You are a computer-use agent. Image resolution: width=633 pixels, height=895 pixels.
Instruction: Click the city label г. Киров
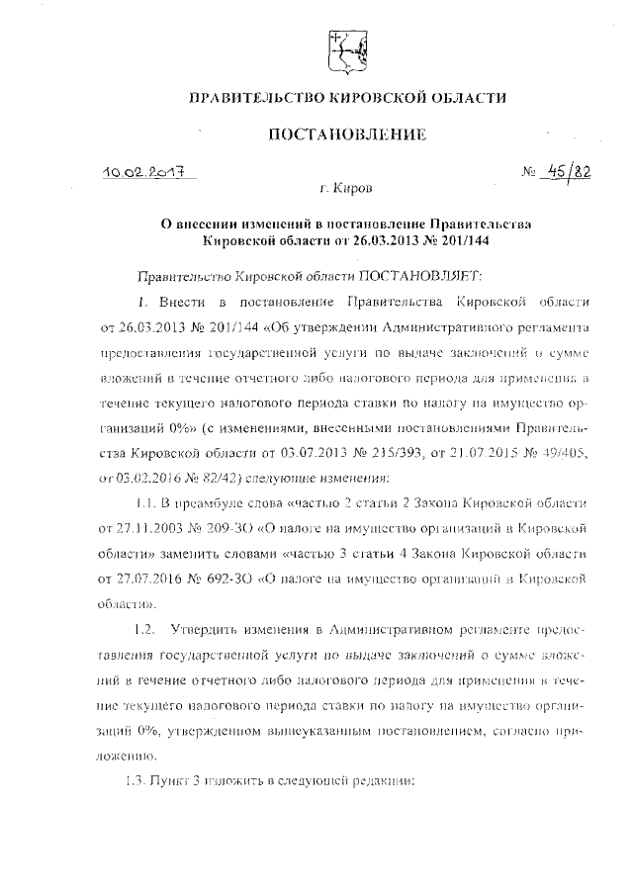click(x=342, y=186)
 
